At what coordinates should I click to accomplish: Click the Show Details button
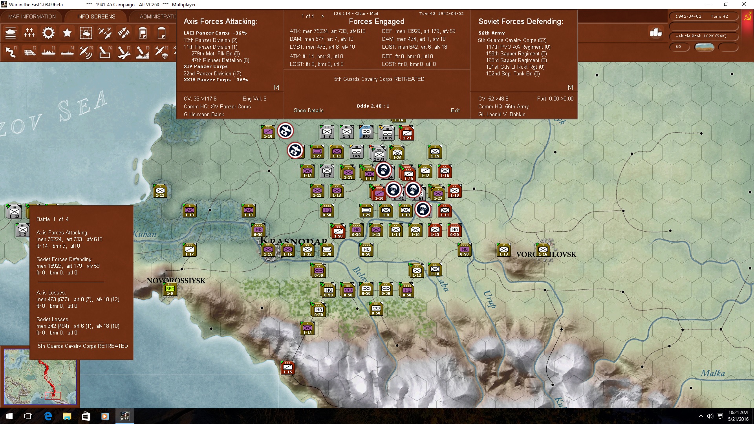308,110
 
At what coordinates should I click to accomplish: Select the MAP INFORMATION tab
32,16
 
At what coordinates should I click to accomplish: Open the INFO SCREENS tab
96,16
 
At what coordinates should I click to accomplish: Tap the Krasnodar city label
294,241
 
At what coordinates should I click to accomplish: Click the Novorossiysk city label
176,281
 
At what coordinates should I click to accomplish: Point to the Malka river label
713,373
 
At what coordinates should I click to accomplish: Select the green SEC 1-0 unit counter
170,290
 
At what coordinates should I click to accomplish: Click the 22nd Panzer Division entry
212,73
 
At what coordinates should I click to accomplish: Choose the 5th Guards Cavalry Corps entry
512,40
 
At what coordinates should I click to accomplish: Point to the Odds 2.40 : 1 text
373,106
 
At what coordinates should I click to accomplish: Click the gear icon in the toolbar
48,33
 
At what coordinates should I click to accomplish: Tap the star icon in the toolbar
67,33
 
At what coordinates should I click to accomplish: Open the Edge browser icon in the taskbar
48,416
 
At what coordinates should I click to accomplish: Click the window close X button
744,4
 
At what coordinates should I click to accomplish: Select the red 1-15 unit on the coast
288,367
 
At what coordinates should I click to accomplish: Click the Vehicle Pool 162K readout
701,36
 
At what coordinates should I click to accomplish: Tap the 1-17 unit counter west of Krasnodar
190,250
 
